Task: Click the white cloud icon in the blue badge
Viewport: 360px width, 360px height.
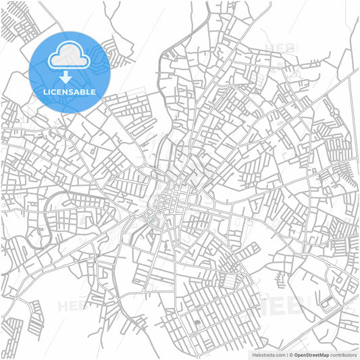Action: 70,53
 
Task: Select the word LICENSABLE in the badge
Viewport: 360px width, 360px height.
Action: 70,91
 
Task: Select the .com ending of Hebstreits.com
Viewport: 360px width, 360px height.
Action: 279,354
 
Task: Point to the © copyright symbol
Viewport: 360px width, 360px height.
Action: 291,354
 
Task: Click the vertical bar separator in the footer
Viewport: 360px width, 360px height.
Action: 286,354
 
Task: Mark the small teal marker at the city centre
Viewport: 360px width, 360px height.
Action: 149,217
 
